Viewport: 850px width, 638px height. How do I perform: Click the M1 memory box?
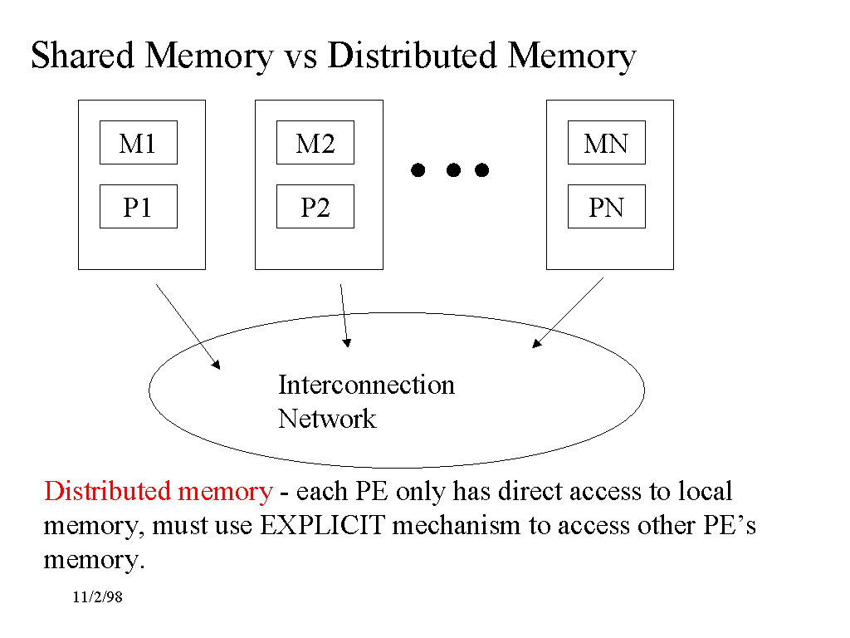pos(138,143)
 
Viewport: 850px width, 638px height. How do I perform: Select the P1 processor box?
pos(138,206)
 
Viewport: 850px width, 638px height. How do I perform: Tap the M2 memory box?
pos(315,143)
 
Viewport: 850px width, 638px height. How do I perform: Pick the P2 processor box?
pos(315,206)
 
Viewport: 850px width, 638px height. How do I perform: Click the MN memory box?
pos(606,143)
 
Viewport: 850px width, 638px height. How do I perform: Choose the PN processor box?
pos(606,206)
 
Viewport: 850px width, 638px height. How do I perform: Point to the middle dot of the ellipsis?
pos(453,170)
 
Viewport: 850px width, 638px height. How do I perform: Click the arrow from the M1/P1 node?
pos(188,325)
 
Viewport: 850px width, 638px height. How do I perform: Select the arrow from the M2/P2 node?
pos(344,316)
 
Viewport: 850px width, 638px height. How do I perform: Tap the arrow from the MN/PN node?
pos(568,312)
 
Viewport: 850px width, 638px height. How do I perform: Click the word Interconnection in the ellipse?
pos(366,385)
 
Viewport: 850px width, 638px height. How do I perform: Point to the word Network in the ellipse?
pos(327,418)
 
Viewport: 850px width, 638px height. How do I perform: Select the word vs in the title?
pos(300,56)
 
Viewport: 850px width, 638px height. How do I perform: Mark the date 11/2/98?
pos(97,598)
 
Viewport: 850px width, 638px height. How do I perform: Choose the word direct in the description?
pos(530,491)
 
